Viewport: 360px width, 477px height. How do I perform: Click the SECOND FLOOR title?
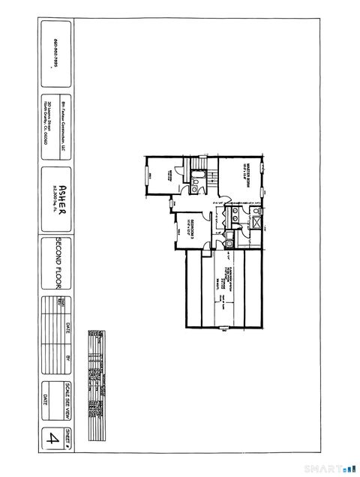click(x=57, y=263)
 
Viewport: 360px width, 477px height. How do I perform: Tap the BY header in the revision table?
click(x=66, y=358)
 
